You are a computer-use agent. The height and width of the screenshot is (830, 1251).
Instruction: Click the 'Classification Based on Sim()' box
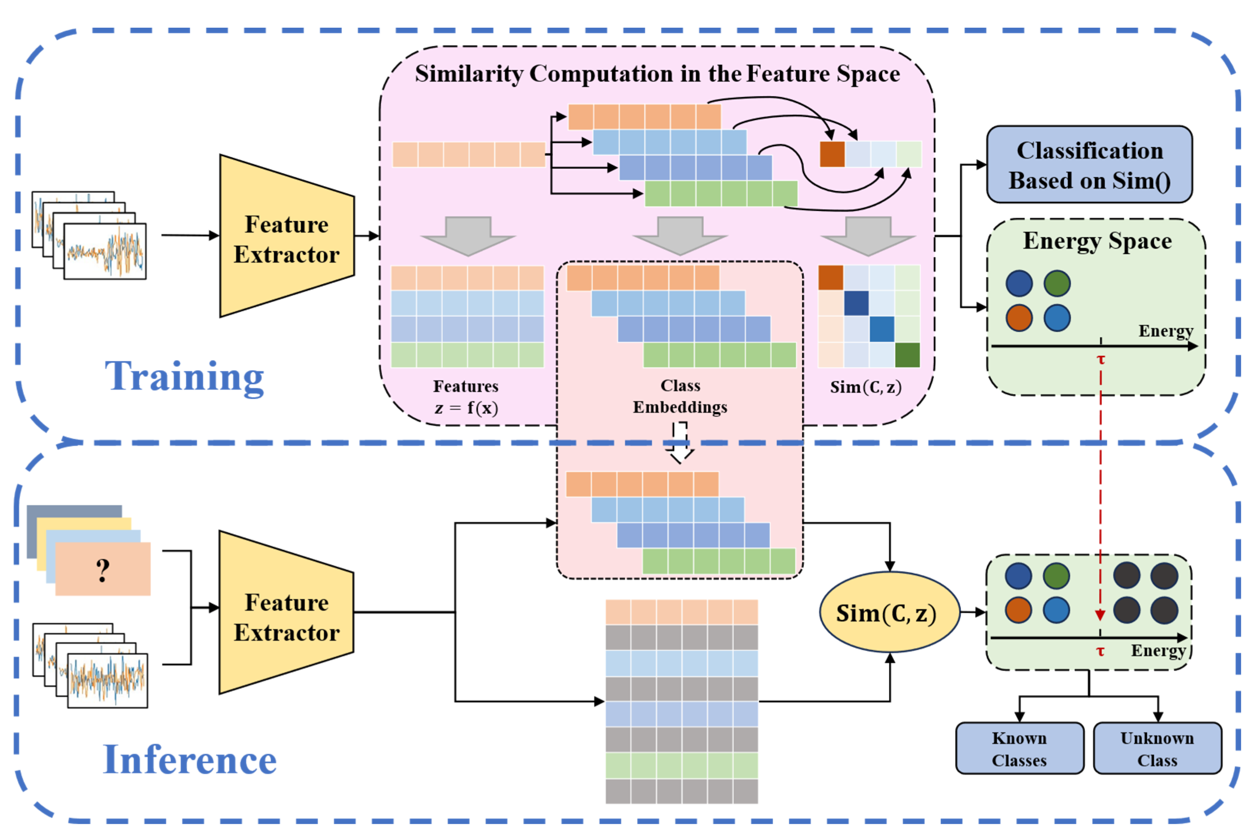(1089, 165)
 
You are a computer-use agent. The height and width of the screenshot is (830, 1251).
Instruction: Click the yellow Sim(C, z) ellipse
(889, 612)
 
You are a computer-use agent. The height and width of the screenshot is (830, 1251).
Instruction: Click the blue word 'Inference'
(189, 759)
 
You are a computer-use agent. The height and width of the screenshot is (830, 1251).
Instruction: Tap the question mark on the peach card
(103, 571)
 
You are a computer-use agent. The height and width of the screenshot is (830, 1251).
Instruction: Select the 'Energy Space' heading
(1097, 241)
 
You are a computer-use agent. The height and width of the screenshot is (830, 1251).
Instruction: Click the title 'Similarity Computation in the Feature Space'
(657, 74)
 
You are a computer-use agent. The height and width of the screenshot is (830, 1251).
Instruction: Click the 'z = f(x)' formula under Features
(466, 408)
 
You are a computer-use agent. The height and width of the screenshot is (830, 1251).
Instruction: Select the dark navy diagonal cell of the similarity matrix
(856, 303)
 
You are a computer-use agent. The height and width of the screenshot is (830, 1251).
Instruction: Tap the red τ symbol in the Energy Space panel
(1101, 360)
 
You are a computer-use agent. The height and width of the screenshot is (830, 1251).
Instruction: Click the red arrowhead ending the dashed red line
(1100, 615)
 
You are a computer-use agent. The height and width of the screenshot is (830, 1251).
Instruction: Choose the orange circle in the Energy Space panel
(1019, 318)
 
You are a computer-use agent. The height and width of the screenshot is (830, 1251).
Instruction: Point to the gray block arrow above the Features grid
(468, 236)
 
